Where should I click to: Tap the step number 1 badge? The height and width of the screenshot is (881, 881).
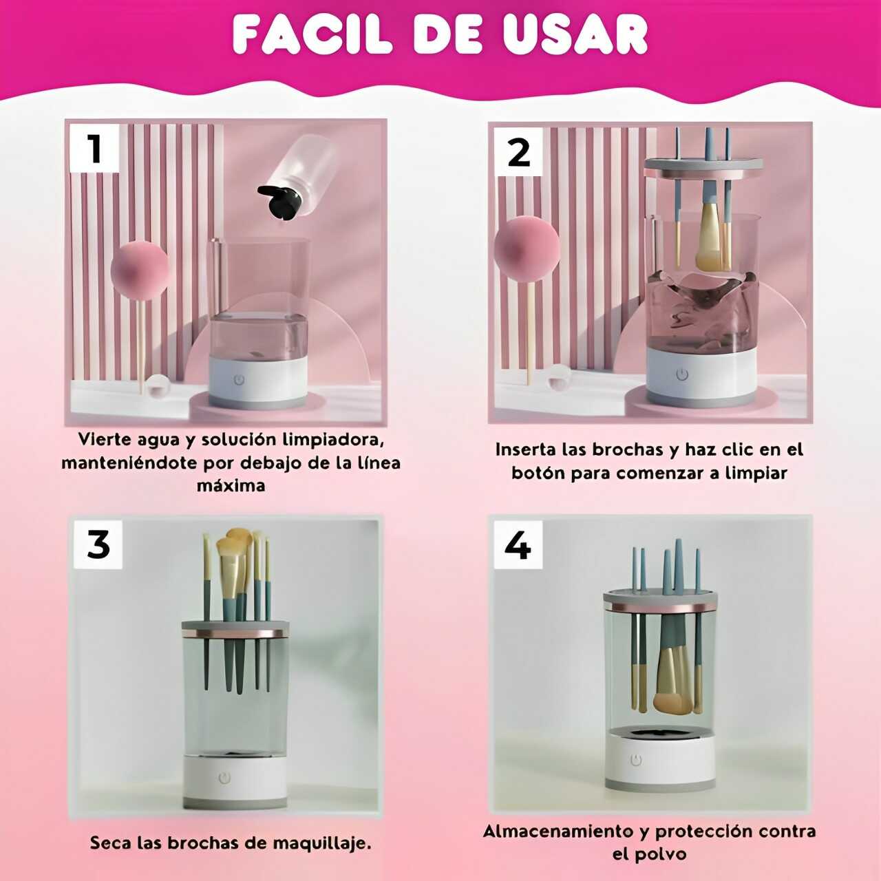point(94,148)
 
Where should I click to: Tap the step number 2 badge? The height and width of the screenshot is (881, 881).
point(518,152)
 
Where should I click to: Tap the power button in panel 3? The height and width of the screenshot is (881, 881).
point(224,778)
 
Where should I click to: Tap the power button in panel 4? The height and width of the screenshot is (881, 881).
point(636,761)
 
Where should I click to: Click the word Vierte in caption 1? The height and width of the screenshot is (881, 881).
point(105,439)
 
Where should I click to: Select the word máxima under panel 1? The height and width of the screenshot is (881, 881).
point(231,485)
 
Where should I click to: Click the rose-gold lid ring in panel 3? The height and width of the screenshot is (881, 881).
point(235,634)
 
